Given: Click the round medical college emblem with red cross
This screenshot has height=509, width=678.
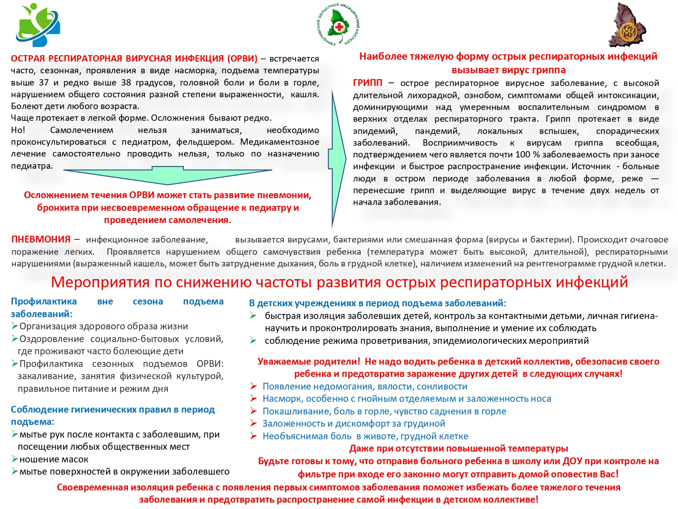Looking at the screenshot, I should point(339,25).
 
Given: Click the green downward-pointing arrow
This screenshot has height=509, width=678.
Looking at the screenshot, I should point(168,176).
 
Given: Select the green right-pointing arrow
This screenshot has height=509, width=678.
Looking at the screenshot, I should point(339,158).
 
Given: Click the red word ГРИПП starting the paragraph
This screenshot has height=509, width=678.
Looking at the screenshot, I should point(367,83).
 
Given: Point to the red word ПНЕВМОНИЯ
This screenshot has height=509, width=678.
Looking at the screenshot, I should point(41,239).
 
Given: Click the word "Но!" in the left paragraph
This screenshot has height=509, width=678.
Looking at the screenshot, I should point(18,130).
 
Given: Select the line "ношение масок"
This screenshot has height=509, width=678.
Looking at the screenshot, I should point(54,459).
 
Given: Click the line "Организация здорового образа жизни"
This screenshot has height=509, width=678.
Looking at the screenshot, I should point(104,326).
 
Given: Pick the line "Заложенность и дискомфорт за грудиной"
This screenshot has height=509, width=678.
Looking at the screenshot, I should point(353,423).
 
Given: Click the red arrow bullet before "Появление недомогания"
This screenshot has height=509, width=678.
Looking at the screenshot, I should point(254,386).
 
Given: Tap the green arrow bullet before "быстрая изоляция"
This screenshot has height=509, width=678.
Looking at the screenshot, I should point(254,316).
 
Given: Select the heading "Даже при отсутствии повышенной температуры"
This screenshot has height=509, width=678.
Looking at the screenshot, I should point(458,448).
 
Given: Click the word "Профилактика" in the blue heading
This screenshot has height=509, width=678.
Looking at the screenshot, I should point(44,301).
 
